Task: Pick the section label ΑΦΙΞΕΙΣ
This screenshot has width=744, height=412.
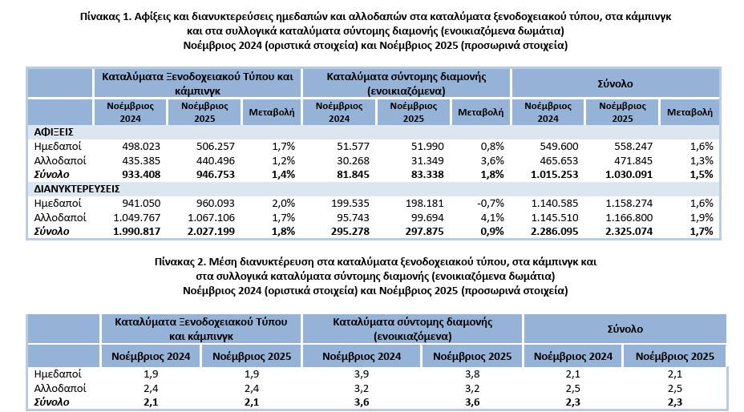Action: point(54,131)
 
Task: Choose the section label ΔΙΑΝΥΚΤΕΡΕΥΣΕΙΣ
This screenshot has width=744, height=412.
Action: point(77,189)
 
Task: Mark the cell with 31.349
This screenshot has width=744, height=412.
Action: point(415,160)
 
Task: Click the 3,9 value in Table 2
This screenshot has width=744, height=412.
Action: point(362,374)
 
